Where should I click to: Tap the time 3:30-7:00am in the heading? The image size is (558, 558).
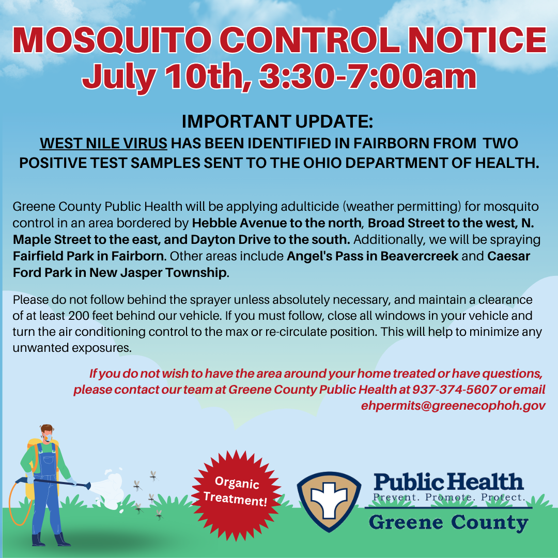pyautogui.click(x=368, y=76)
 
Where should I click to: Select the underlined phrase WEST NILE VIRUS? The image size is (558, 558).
pyautogui.click(x=103, y=144)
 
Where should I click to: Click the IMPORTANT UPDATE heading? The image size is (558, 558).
pyautogui.click(x=277, y=121)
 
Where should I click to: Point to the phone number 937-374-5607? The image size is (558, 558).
pyautogui.click(x=455, y=390)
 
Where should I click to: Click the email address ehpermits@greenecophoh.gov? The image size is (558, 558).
pyautogui.click(x=453, y=406)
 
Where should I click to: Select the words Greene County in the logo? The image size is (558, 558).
pyautogui.click(x=448, y=522)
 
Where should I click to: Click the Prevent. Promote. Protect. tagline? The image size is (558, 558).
pyautogui.click(x=449, y=497)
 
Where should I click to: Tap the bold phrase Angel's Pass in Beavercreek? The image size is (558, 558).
pyautogui.click(x=372, y=256)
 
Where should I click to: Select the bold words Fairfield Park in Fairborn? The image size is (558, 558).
pyautogui.click(x=89, y=256)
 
